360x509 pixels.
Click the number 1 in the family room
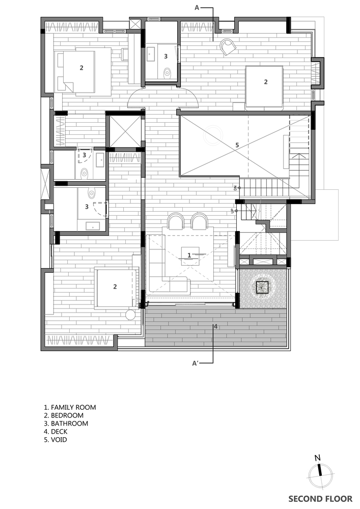click(189, 255)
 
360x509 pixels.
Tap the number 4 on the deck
click(215, 327)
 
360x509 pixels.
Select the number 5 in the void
click(237, 145)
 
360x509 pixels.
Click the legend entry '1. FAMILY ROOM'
click(70, 407)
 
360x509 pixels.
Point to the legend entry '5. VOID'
click(56, 440)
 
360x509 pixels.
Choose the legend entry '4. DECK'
click(56, 432)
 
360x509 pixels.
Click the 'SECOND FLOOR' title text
click(320, 499)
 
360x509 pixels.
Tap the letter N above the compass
click(317, 458)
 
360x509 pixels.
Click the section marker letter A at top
click(197, 8)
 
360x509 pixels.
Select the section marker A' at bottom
click(196, 363)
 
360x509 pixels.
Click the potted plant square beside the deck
click(262, 287)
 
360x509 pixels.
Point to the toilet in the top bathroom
click(168, 72)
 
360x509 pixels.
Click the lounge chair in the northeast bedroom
click(228, 46)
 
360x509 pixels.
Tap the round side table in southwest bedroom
click(130, 315)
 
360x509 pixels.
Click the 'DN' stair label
click(235, 188)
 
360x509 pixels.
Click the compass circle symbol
click(320, 476)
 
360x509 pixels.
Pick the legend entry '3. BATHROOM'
click(66, 423)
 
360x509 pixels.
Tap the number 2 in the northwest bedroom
click(81, 68)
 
